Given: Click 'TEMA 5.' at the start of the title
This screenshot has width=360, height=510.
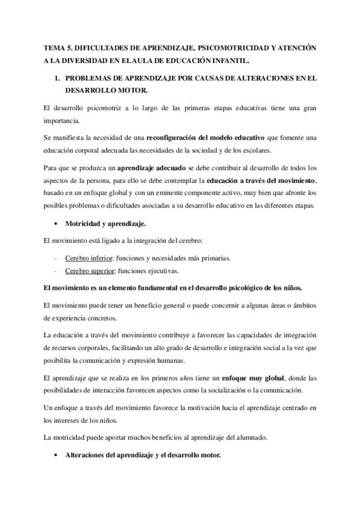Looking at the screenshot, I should (58, 46).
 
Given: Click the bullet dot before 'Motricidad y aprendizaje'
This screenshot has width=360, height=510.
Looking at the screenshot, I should (55, 224).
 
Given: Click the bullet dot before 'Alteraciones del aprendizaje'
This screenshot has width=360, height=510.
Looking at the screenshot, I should (55, 455).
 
